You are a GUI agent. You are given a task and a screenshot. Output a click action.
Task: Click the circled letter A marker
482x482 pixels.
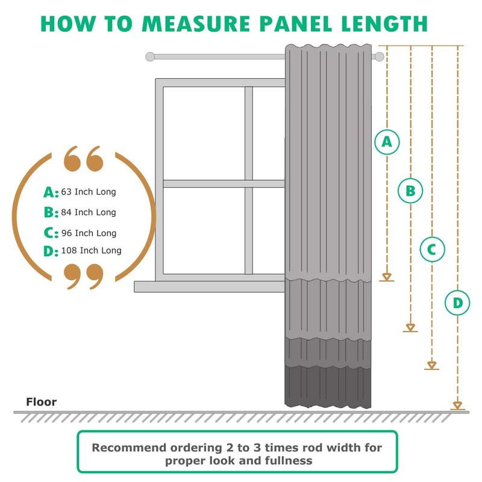387,141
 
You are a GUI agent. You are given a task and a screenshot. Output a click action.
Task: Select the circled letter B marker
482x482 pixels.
410,191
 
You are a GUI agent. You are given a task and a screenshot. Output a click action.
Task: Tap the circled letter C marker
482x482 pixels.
431,249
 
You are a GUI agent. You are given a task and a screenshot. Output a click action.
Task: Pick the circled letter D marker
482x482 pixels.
457,302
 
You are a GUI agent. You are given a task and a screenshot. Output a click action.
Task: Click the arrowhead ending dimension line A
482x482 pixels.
387,277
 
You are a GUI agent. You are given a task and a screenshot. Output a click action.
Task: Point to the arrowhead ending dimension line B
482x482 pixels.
410,327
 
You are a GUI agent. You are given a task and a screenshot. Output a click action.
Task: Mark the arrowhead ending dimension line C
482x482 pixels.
431,365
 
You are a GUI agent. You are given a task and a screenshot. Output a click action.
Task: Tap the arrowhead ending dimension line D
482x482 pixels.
457,405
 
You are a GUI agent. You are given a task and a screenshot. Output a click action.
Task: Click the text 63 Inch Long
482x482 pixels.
88,192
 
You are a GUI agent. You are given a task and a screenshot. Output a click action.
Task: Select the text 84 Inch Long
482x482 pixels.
88,212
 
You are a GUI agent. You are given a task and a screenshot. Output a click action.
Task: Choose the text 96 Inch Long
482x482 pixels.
89,233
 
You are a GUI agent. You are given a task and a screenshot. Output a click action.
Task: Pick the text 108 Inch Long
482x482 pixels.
91,251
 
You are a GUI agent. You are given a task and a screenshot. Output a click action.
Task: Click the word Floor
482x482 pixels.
41,402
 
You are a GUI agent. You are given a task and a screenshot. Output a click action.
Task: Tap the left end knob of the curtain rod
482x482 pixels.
150,57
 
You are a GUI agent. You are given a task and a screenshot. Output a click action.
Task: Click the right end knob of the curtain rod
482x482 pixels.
379,57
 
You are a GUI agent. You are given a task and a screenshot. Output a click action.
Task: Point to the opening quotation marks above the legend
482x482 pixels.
83,158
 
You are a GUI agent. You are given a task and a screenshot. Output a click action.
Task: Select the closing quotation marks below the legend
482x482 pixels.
83,275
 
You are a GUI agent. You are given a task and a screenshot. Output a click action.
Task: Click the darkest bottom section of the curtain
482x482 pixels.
328,386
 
